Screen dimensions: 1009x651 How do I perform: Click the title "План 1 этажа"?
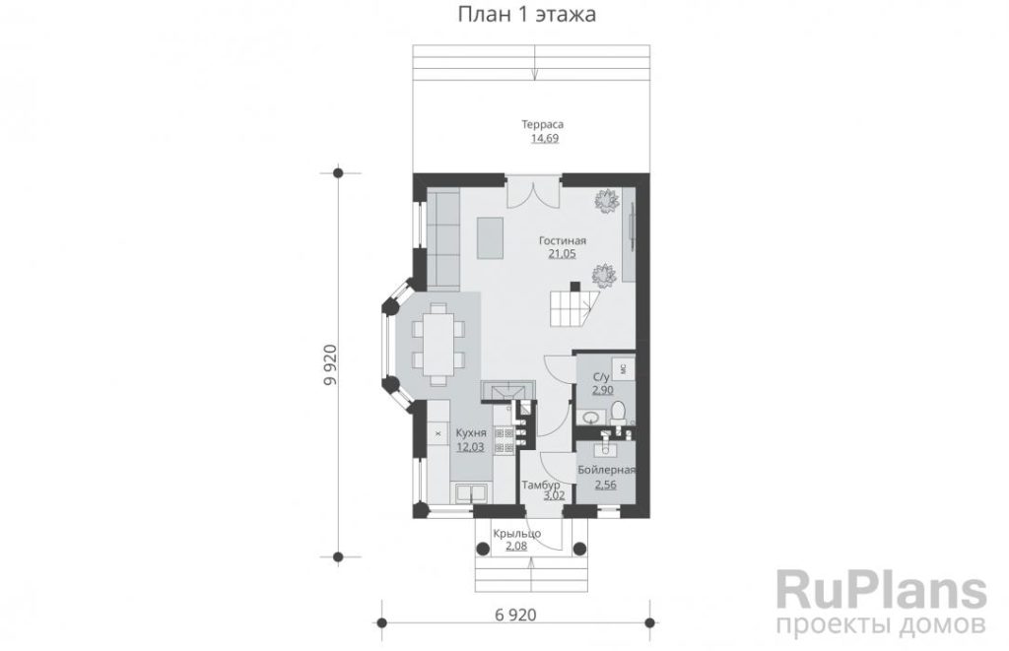point(526,14)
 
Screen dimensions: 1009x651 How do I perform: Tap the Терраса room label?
point(543,124)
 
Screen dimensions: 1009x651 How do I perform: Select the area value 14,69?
point(544,138)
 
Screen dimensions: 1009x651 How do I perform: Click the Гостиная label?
point(563,240)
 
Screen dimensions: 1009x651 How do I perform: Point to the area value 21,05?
point(562,253)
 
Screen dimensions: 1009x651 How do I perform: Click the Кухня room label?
point(471,433)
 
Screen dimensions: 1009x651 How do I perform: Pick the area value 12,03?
point(470,447)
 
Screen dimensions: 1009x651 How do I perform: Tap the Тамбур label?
point(541,485)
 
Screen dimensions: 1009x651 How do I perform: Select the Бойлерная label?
point(606,470)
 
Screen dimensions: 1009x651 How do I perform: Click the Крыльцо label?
point(516,533)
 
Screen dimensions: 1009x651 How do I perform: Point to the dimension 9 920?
point(330,364)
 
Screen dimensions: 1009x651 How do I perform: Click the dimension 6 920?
point(515,615)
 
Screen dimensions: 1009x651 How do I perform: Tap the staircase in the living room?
point(574,307)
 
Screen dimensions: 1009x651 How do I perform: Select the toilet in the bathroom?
point(619,412)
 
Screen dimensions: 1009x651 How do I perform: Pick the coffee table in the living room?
point(490,237)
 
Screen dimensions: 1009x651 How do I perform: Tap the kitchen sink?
point(471,493)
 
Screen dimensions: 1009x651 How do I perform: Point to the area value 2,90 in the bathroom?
point(603,390)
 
